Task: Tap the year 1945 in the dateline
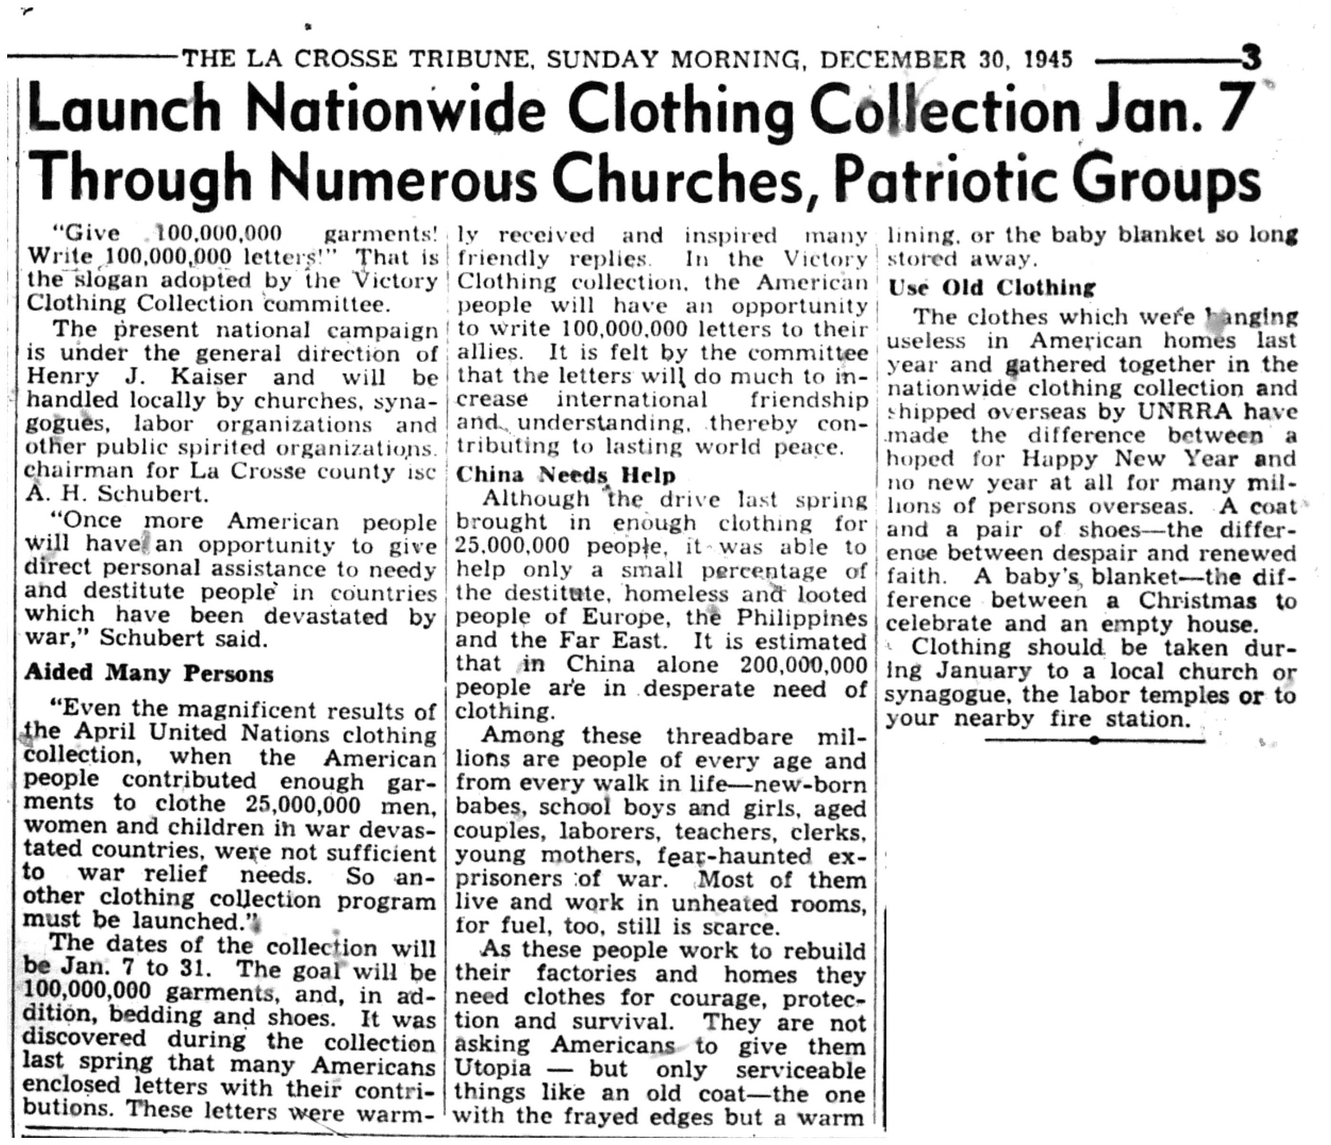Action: click(1049, 60)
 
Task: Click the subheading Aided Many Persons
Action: click(149, 673)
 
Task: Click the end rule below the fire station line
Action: click(1094, 741)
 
